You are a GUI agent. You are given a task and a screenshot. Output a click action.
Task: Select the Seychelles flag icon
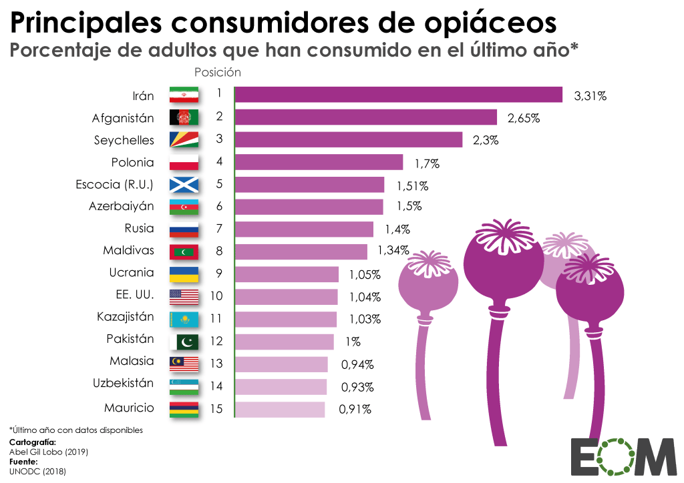pyautogui.click(x=184, y=140)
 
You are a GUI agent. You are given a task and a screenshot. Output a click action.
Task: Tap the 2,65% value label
pyautogui.click(x=523, y=118)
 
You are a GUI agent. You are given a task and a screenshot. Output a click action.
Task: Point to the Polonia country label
pyautogui.click(x=132, y=162)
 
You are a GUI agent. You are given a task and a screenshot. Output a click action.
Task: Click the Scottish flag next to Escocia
pyautogui.click(x=184, y=185)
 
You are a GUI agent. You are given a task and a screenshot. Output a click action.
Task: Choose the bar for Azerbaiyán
pyautogui.click(x=309, y=207)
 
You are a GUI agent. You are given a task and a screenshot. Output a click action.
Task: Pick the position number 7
pyautogui.click(x=219, y=229)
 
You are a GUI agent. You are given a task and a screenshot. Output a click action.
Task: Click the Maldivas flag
pyautogui.click(x=184, y=252)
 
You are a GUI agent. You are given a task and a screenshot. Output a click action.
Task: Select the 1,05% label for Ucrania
pyautogui.click(x=364, y=274)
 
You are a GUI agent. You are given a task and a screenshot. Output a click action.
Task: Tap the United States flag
pyautogui.click(x=184, y=296)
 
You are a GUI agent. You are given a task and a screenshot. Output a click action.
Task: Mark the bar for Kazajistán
pyautogui.click(x=286, y=319)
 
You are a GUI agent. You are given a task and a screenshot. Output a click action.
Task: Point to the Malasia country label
pyautogui.click(x=132, y=361)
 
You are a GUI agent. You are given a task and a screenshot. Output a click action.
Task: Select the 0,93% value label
pyautogui.click(x=357, y=387)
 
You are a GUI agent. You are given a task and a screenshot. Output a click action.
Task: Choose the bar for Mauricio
pyautogui.click(x=280, y=409)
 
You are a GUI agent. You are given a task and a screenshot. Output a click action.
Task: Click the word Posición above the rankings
pyautogui.click(x=217, y=72)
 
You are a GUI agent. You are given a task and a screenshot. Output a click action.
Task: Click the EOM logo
pyautogui.click(x=624, y=457)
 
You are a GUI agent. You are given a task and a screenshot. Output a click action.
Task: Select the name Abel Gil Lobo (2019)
pyautogui.click(x=48, y=452)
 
